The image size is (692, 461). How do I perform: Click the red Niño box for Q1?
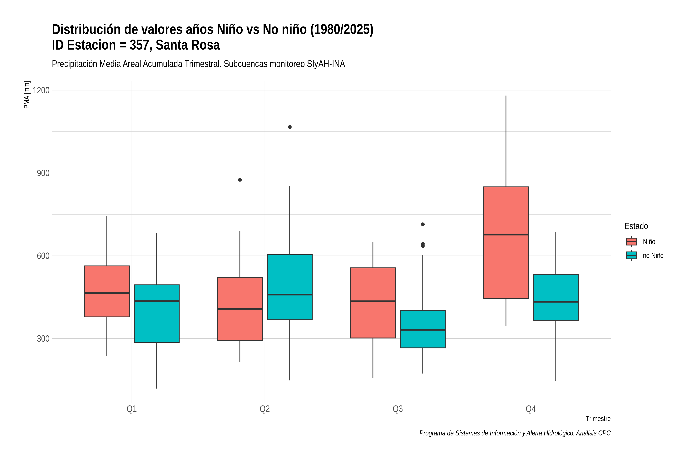pos(107,291)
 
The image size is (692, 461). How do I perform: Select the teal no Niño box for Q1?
pos(156,313)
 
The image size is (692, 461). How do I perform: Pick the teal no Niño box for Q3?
pos(423,329)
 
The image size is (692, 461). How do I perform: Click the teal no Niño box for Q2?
pos(290,287)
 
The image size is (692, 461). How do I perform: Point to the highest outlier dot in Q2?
pos(290,127)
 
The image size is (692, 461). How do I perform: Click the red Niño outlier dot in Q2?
pos(240,180)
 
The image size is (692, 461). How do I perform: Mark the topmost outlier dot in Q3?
pos(423,224)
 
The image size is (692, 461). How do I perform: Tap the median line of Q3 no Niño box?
pos(423,330)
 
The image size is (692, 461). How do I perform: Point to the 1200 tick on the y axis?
pos(41,90)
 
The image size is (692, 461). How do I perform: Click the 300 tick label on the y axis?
pos(43,339)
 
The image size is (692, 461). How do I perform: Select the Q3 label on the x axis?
pos(398,409)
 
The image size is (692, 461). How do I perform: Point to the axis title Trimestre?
pos(598,419)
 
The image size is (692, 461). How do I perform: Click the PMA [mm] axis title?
pos(27,95)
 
